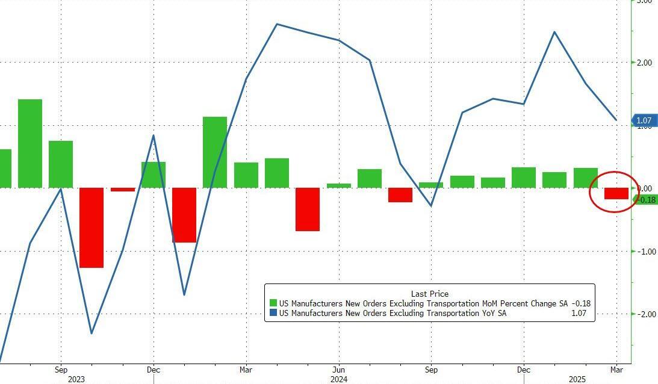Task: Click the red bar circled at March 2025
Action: tap(616, 193)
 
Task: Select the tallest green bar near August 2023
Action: tap(30, 143)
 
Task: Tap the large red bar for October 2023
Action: tap(92, 228)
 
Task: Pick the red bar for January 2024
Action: tap(184, 215)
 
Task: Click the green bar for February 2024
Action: tap(215, 152)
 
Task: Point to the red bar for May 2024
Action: tap(307, 209)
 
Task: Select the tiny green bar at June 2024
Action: tap(338, 185)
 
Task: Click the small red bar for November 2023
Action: tap(123, 190)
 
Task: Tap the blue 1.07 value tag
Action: tap(644, 121)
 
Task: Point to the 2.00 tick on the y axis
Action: tap(644, 63)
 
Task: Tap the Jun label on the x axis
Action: tap(338, 369)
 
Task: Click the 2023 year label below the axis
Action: tap(77, 379)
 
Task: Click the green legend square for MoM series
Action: tap(273, 303)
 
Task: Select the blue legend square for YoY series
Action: tap(273, 313)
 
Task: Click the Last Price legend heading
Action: tap(429, 294)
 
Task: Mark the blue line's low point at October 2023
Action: tap(92, 333)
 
